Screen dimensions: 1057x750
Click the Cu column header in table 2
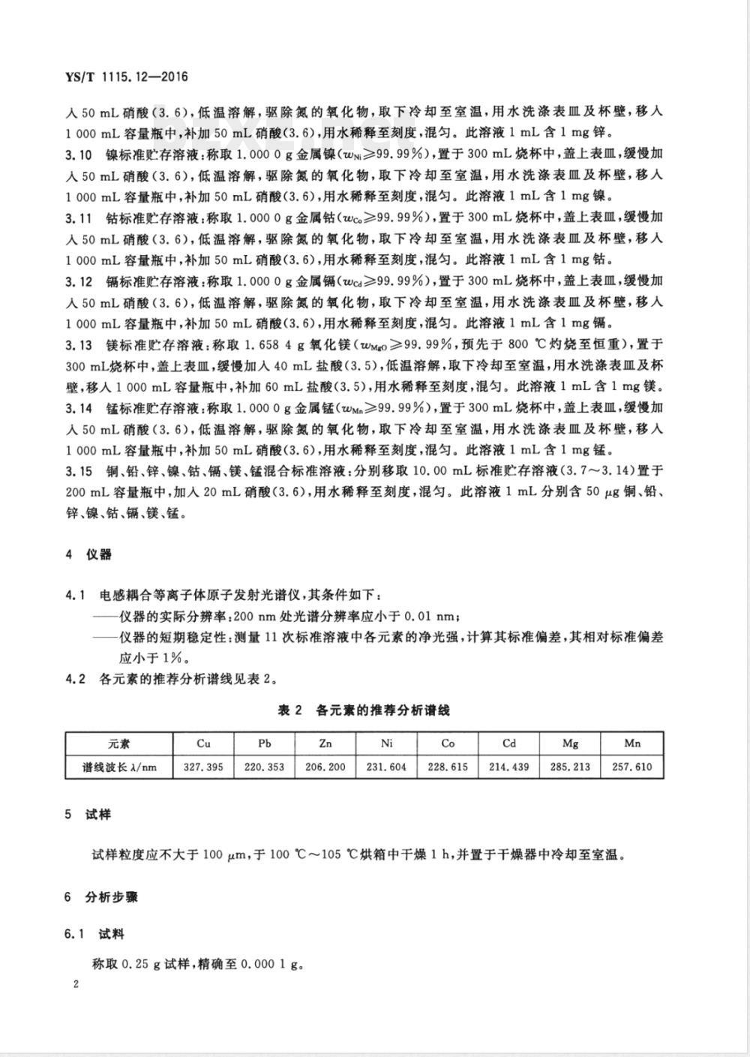[203, 743]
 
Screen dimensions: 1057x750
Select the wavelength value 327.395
[203, 767]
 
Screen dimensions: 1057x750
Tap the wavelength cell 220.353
[265, 767]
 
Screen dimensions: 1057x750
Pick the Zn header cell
[325, 743]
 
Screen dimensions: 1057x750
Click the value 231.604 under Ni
[387, 767]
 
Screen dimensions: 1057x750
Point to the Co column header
[448, 743]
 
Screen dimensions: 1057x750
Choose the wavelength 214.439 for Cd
[509, 767]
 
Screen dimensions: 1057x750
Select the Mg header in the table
[570, 743]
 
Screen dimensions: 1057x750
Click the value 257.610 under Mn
[631, 767]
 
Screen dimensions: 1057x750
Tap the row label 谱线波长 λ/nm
[119, 767]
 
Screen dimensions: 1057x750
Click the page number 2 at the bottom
[76, 984]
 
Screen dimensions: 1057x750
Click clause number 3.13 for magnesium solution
[78, 345]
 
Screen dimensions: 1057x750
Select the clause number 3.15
[78, 471]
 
